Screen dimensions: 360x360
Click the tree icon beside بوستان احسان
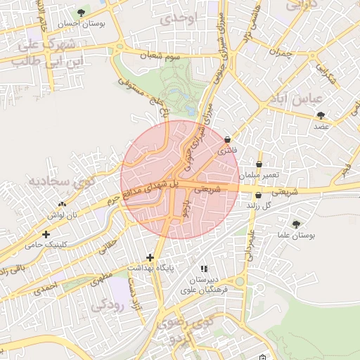coord(82,13)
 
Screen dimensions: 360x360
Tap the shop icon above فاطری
coord(228,140)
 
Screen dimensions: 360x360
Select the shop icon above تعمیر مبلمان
coord(259,164)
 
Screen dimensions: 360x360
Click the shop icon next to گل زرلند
coord(258,195)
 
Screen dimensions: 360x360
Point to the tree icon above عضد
coord(321,115)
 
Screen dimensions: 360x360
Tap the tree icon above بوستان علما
coord(296,224)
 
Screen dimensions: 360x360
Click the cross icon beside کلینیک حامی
coord(46,234)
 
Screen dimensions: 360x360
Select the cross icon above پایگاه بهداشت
coord(149,258)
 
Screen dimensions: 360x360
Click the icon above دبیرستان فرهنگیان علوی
coord(204,269)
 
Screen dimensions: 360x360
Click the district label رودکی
coord(108,304)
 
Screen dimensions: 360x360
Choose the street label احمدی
coord(44,287)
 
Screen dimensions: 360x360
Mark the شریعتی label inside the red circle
coord(207,188)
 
